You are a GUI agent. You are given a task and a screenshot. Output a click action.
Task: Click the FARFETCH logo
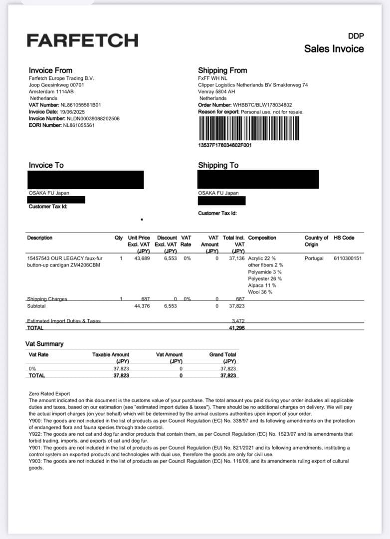pyautogui.click(x=82, y=40)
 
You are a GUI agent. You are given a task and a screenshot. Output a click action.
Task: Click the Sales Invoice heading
pyautogui.click(x=334, y=49)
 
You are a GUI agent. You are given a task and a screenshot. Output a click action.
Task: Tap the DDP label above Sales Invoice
pyautogui.click(x=356, y=35)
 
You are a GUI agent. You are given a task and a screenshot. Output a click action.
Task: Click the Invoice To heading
pyautogui.click(x=46, y=165)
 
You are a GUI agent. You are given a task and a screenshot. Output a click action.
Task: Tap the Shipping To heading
pyautogui.click(x=218, y=165)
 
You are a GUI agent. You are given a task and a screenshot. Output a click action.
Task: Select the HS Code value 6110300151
pyautogui.click(x=348, y=259)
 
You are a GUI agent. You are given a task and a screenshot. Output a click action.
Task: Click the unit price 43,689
pyautogui.click(x=142, y=259)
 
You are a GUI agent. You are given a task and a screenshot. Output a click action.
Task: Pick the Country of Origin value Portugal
pyautogui.click(x=314, y=259)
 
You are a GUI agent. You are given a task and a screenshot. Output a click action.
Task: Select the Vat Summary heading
pyautogui.click(x=44, y=344)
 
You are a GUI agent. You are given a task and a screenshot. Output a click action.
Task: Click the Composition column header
pyautogui.click(x=262, y=238)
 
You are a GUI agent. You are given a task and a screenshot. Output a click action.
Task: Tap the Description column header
pyautogui.click(x=39, y=238)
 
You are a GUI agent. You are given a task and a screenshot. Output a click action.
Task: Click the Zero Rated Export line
pyautogui.click(x=49, y=394)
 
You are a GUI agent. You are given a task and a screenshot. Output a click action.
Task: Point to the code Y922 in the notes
pyautogui.click(x=35, y=434)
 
